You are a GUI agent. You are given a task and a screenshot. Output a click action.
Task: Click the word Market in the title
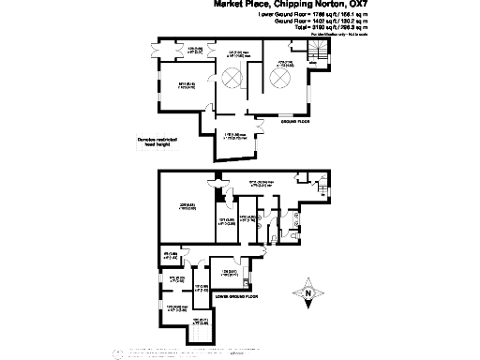click(x=232, y=5)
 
